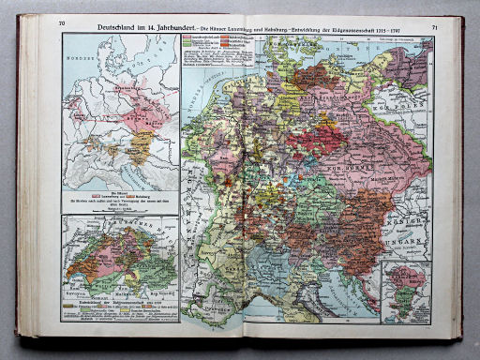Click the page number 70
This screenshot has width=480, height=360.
click(x=62, y=22)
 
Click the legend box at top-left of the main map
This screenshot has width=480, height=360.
click(x=210, y=51)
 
